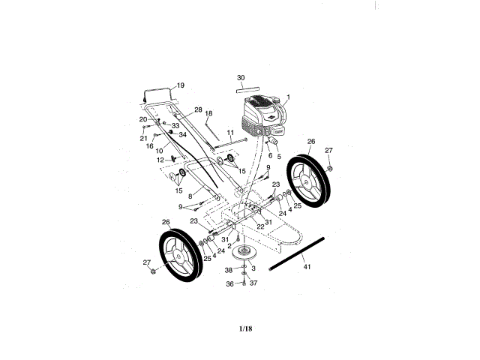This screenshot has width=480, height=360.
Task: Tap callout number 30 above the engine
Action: [241, 77]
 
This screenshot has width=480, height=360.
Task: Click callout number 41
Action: [306, 267]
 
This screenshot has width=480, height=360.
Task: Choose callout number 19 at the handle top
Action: [180, 85]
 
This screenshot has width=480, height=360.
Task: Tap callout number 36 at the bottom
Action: [229, 283]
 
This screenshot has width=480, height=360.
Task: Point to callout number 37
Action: [253, 283]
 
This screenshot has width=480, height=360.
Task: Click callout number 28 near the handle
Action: [198, 110]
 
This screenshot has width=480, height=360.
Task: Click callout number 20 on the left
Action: [143, 120]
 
